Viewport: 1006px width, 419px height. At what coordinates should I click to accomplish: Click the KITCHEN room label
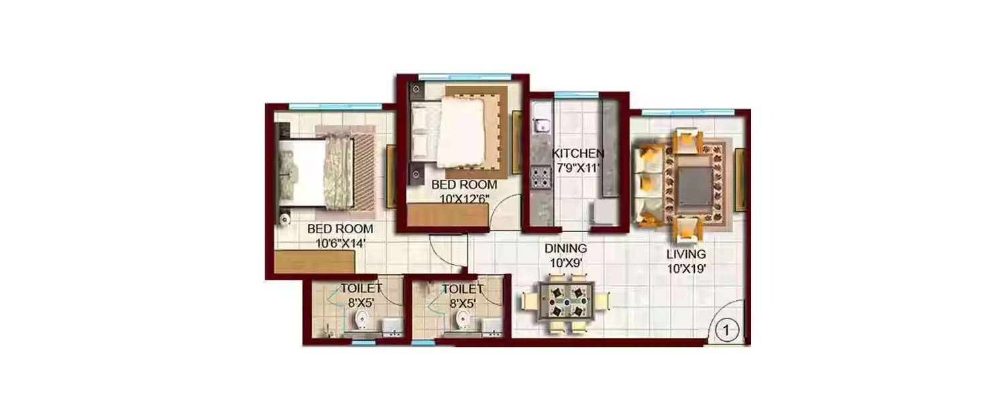578,154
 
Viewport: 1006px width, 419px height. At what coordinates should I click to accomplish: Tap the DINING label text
565,248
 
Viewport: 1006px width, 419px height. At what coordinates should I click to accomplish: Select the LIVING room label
686,254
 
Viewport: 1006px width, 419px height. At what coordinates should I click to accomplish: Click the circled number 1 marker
726,331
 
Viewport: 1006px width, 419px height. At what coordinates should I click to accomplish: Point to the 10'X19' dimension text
687,270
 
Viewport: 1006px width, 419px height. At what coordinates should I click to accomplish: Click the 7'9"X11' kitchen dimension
578,169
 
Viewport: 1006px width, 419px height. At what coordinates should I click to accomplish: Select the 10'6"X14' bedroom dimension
341,244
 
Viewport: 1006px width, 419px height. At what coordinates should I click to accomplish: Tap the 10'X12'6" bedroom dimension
464,199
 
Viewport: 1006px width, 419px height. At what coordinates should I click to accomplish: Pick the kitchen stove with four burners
541,177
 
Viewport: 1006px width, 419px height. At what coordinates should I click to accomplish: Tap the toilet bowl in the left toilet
361,320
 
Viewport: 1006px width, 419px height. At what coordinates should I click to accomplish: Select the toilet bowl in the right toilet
463,320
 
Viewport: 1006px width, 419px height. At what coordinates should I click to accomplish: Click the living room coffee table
695,184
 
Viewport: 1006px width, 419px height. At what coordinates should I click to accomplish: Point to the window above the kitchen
577,95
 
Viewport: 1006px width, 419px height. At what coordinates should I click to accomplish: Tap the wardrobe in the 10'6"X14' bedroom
315,261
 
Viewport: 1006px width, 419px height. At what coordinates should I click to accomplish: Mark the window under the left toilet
364,343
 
